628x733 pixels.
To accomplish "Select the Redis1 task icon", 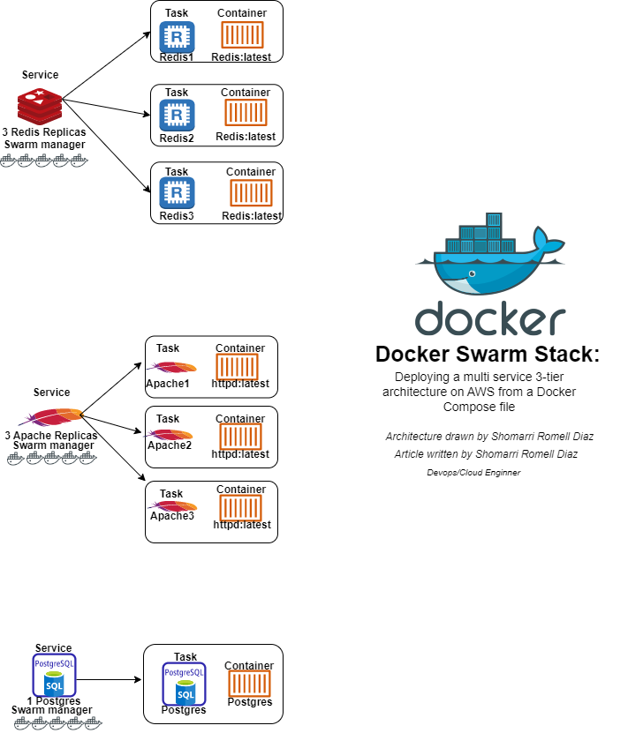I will (177, 37).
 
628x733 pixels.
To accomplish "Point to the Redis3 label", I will (177, 216).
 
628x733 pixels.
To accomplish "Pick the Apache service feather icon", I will (50, 415).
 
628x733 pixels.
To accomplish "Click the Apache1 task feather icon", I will (171, 368).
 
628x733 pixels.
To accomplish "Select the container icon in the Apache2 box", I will (240, 437).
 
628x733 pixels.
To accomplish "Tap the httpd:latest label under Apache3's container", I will (242, 525).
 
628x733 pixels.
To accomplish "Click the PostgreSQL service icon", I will (54, 677).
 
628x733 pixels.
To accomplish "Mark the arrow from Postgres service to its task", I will (110, 680).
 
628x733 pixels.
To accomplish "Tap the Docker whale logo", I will (489, 256).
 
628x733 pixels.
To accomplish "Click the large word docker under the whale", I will (490, 318).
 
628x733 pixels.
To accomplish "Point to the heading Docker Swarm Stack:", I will (488, 355).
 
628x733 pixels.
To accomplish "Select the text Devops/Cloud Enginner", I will (473, 473).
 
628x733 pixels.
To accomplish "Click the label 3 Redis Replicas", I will (43, 131).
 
